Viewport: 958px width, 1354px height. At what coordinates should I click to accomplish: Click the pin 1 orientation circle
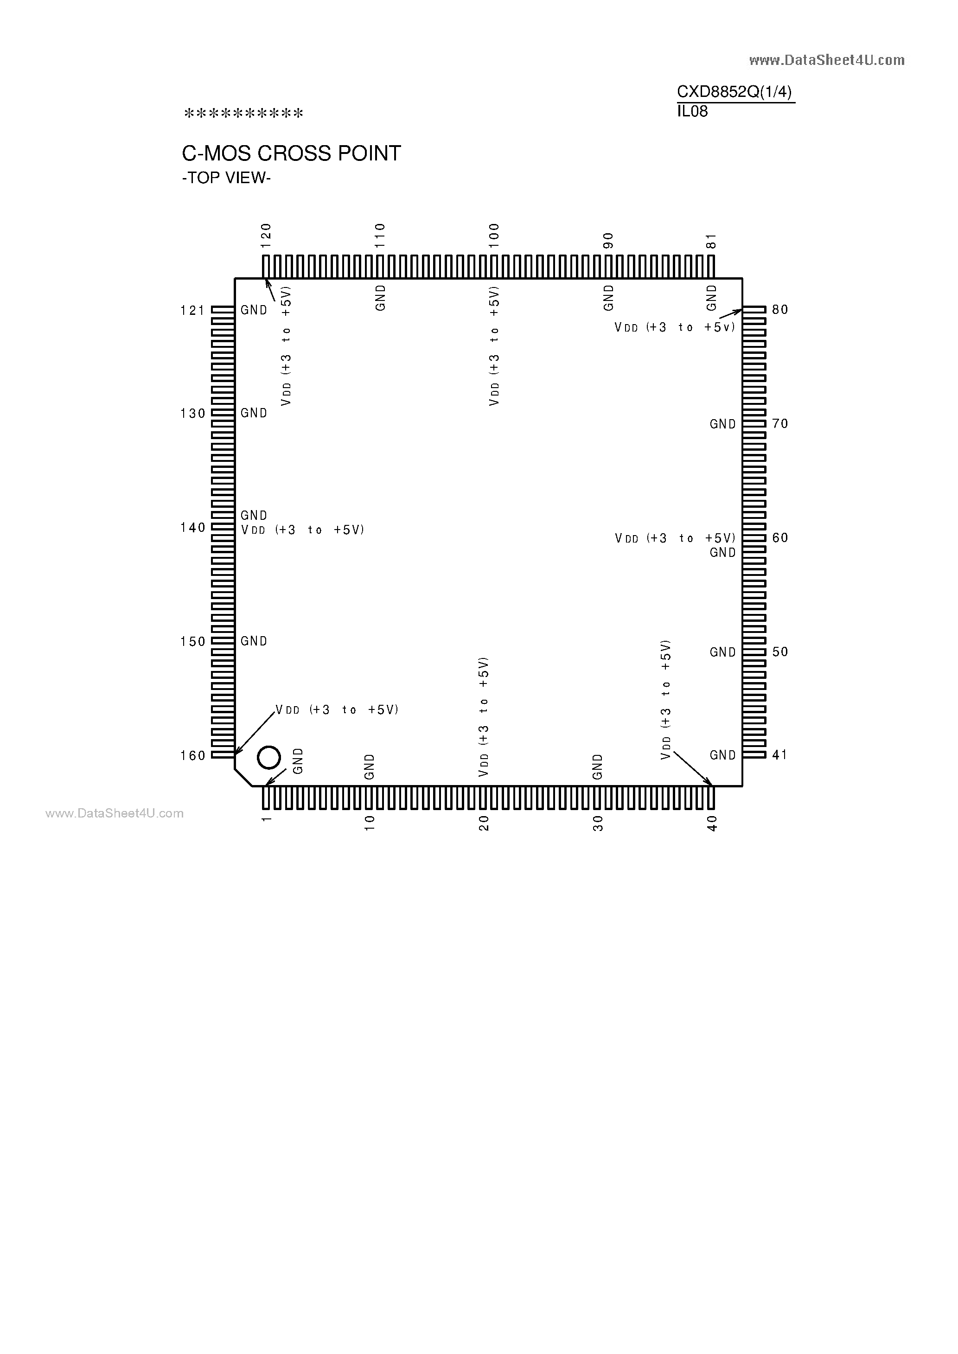[x=269, y=757]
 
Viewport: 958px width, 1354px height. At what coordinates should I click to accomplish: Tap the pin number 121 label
[x=193, y=310]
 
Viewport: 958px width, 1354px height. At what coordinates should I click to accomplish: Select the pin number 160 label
[x=193, y=755]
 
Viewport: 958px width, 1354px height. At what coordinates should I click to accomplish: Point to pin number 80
[x=780, y=310]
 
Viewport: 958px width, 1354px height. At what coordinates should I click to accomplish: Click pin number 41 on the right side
[x=780, y=755]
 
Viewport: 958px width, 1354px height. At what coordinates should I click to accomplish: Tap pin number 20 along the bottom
[x=484, y=823]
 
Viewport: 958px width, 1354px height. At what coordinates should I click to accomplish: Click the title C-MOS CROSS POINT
[x=291, y=153]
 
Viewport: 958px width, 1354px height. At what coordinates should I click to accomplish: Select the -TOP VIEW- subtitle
[x=226, y=178]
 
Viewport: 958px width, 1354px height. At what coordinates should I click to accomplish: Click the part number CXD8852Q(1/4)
[x=734, y=92]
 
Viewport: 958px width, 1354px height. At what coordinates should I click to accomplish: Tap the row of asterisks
[x=243, y=113]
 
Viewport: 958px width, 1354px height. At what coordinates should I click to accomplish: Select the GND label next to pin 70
[x=722, y=424]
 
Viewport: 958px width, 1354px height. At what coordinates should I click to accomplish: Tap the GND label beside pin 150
[x=254, y=641]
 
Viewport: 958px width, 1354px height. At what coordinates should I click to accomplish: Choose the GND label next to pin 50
[x=722, y=652]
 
